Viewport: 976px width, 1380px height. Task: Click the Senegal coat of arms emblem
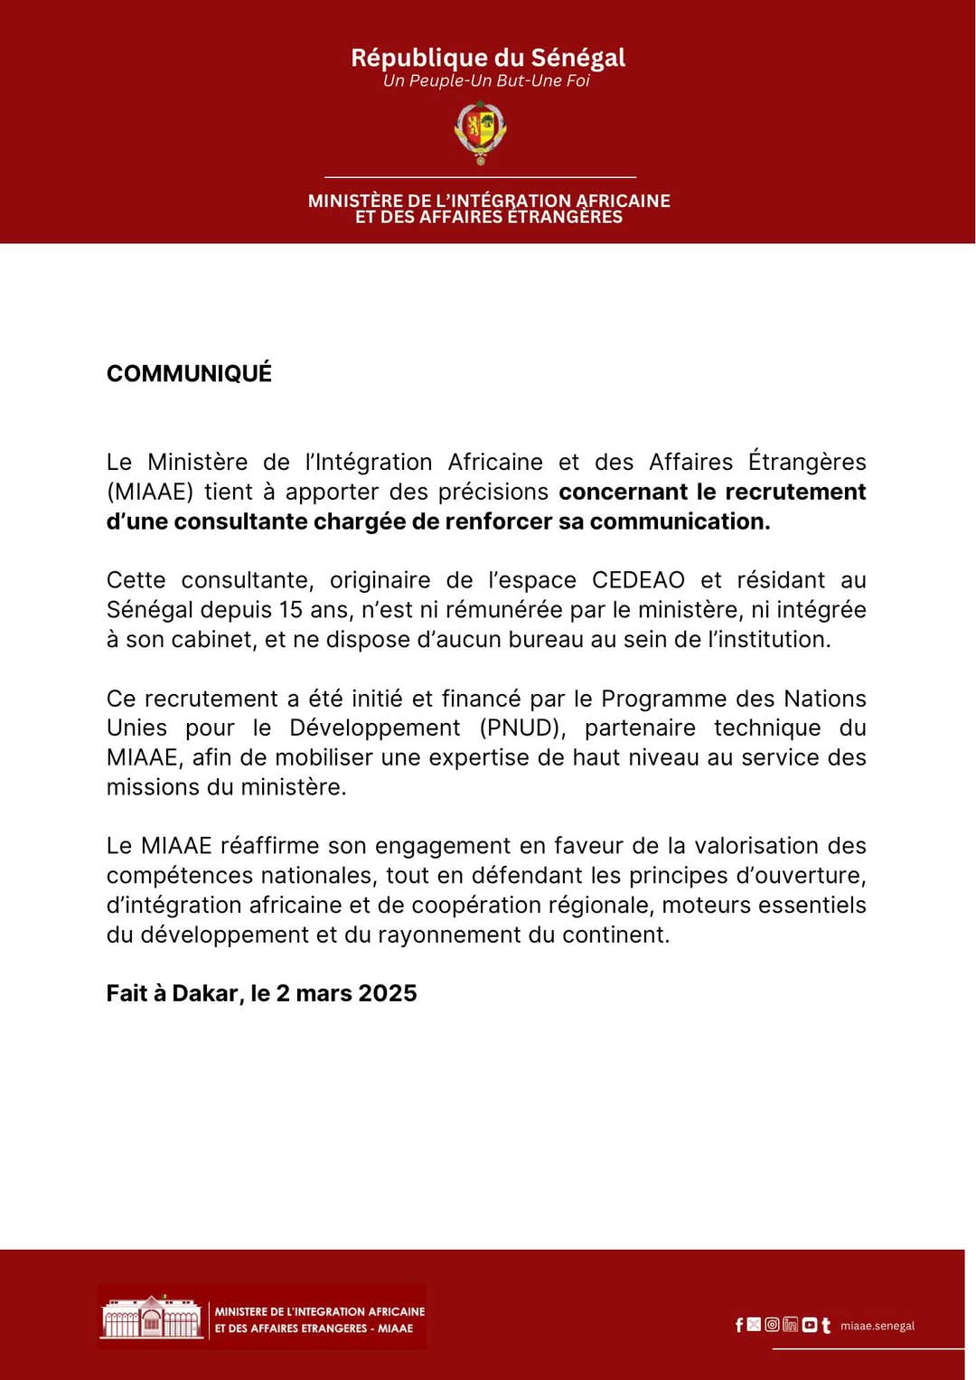[480, 132]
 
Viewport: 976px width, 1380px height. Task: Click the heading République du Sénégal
[488, 58]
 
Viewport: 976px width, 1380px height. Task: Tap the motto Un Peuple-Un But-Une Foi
[486, 81]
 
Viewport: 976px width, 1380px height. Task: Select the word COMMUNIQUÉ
[189, 373]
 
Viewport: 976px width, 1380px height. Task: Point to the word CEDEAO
[638, 580]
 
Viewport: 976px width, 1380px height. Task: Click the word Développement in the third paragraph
[374, 728]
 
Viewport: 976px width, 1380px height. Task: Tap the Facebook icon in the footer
[739, 1325]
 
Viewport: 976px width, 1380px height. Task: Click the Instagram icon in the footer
[772, 1325]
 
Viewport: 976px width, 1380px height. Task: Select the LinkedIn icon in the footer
[790, 1325]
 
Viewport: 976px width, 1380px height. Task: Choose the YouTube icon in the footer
[809, 1325]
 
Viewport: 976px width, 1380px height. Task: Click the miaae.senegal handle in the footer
[877, 1326]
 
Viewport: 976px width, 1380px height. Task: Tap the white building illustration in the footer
[152, 1318]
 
